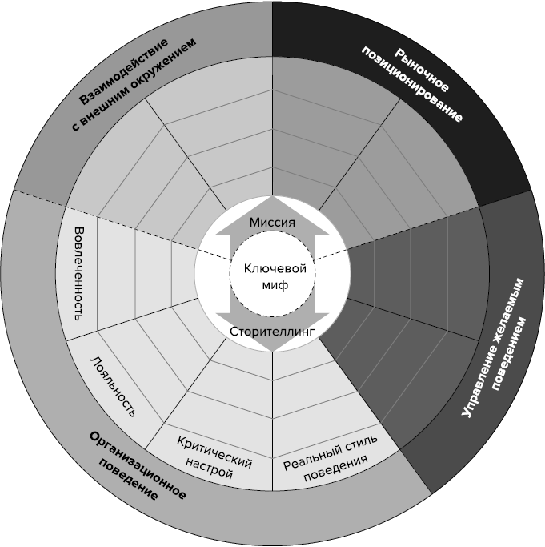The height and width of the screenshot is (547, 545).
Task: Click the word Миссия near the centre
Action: tap(273, 223)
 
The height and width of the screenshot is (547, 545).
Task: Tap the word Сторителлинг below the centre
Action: tap(273, 330)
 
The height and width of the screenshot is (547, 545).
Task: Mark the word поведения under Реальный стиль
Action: tap(337, 463)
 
